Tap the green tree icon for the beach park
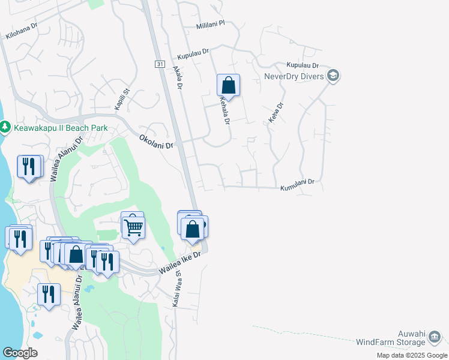pyautogui.click(x=5, y=128)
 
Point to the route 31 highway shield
pyautogui.click(x=159, y=64)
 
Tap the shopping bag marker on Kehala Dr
pyautogui.click(x=228, y=85)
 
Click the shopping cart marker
pyautogui.click(x=133, y=227)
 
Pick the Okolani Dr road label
pyautogui.click(x=156, y=142)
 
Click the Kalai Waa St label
pyautogui.click(x=177, y=293)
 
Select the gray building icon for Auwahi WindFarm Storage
pyautogui.click(x=434, y=339)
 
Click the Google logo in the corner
pyautogui.click(x=20, y=353)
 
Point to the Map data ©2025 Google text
pyautogui.click(x=411, y=355)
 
